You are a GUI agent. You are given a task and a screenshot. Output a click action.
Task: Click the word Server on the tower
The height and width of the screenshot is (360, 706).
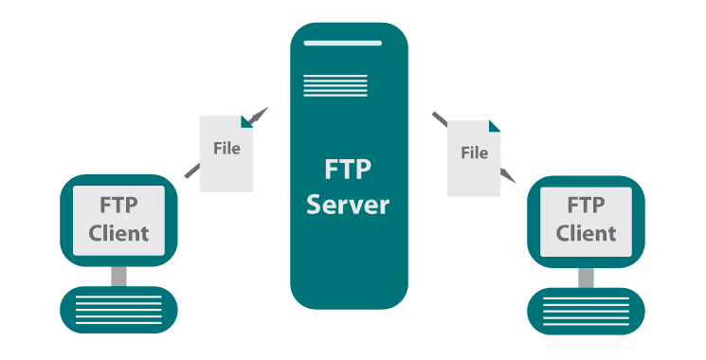349,204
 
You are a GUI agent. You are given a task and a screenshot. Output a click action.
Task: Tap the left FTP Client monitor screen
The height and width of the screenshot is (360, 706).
118,219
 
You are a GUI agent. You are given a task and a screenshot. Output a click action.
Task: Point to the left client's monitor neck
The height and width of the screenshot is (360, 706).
118,276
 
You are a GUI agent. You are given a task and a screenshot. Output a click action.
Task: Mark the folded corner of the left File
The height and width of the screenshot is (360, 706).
246,121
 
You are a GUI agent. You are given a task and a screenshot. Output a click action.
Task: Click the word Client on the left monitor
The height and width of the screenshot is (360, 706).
118,232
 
